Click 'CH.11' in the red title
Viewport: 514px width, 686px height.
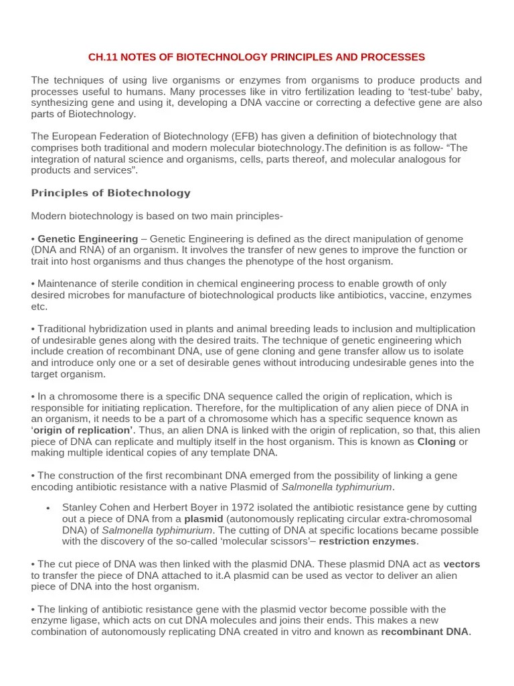pyautogui.click(x=103, y=57)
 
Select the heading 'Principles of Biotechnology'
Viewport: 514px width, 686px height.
pyautogui.click(x=110, y=193)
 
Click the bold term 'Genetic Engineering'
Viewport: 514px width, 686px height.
pyautogui.click(x=88, y=238)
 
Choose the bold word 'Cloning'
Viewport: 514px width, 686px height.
pyautogui.click(x=436, y=441)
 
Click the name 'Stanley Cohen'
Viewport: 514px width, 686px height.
pyautogui.click(x=94, y=508)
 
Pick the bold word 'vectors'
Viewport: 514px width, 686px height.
pyautogui.click(x=462, y=564)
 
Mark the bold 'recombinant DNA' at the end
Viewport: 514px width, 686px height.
pyautogui.click(x=425, y=632)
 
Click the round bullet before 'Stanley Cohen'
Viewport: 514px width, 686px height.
pyautogui.click(x=48, y=508)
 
